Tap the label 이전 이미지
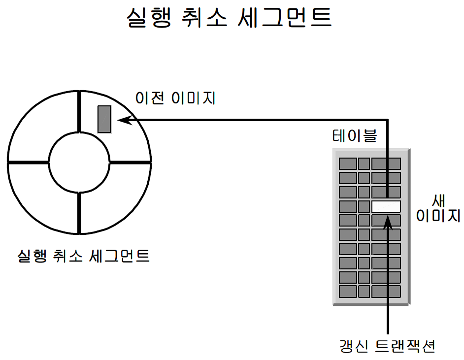(176, 98)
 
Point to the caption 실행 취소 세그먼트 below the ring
(83, 256)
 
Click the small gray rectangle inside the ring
(104, 119)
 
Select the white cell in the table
(386, 206)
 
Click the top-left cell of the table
(348, 164)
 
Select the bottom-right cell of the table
(386, 292)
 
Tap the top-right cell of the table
(386, 164)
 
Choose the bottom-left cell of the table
(348, 292)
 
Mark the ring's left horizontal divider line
(28, 162)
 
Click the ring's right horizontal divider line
(130, 162)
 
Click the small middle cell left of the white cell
(364, 206)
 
